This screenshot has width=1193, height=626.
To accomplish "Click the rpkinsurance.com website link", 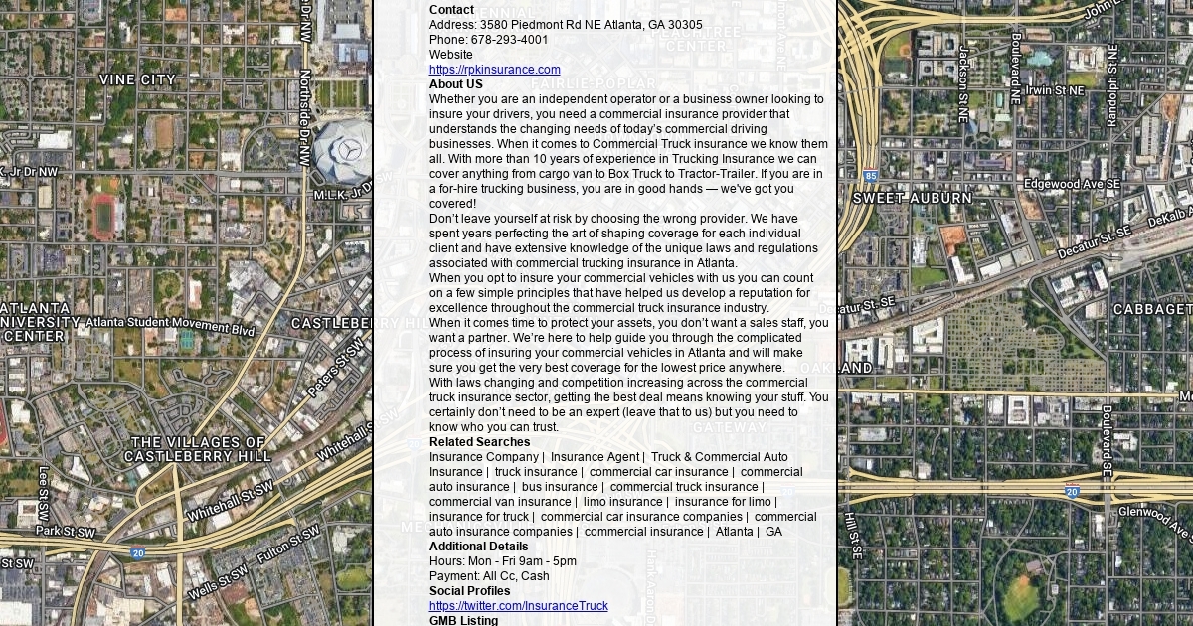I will pos(494,70).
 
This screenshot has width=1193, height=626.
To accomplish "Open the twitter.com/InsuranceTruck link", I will pos(518,606).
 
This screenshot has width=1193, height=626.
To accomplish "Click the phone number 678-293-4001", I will pos(509,40).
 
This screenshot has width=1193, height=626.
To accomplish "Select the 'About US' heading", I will pos(455,84).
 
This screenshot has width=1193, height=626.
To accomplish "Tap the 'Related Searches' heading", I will pos(479,442).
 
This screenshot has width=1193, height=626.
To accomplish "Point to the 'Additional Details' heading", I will pos(478,547).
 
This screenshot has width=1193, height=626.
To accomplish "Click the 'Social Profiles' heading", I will pos(469,591).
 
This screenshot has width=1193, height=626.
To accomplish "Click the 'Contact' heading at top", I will pos(451,10).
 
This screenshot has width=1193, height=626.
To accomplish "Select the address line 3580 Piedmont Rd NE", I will pos(566,25).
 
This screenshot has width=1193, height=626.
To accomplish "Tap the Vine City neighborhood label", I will pos(137,79).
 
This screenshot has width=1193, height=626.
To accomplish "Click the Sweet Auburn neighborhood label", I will pos(913,198).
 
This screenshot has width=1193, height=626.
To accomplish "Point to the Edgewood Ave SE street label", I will pos(1066,184).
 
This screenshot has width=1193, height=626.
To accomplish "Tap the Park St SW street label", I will pos(67,532).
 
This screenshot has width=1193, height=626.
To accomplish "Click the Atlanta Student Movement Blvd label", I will pos(170,325).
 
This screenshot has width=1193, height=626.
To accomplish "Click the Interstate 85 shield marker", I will pos(870,176).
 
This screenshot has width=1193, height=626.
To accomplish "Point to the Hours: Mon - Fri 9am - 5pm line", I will pos(502,561).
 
